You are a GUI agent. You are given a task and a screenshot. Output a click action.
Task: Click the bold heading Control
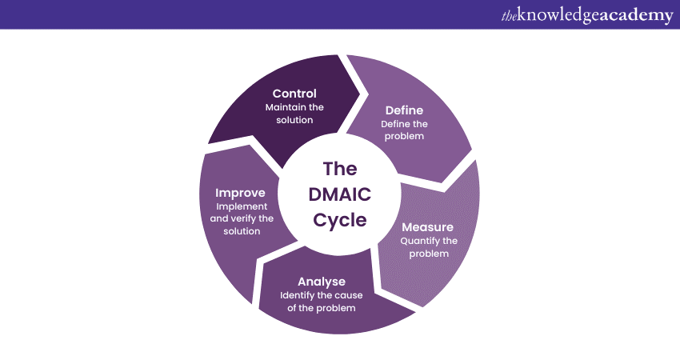click(294, 94)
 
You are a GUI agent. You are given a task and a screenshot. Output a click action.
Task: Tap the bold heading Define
click(404, 110)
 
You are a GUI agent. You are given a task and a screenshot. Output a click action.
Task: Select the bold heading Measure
click(428, 227)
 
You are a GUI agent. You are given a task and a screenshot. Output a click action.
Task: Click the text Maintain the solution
click(294, 114)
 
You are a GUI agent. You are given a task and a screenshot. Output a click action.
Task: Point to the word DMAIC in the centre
click(340, 195)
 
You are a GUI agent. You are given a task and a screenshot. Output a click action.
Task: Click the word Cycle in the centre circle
click(340, 220)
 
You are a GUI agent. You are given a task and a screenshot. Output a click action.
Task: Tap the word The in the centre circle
click(340, 169)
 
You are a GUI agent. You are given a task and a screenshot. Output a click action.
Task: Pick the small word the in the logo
click(510, 16)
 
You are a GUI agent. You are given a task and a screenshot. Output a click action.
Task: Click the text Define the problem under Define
click(404, 130)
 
